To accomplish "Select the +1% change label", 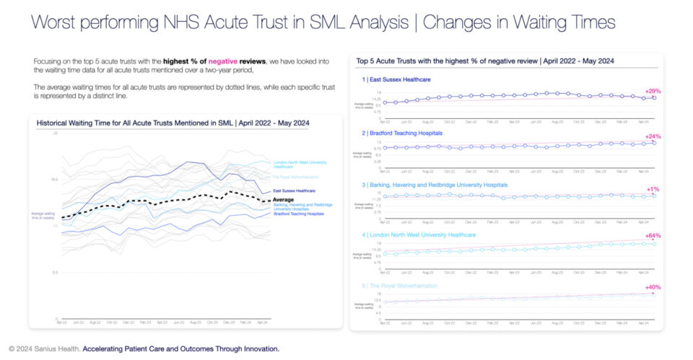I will tap(653, 189).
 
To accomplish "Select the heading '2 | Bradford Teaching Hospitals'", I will tap(402, 133).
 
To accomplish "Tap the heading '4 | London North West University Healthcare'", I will tap(419, 234).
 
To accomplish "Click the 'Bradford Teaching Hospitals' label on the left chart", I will tap(298, 214).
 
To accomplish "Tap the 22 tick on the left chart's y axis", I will tap(55, 133).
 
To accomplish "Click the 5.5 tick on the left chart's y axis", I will tap(54, 272).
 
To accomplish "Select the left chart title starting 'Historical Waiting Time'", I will tap(173, 123).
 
